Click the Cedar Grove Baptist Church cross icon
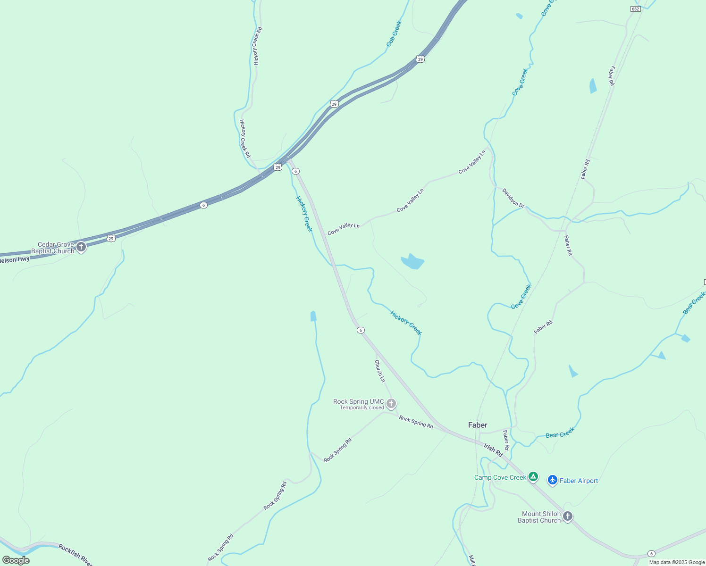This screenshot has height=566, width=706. click(x=81, y=247)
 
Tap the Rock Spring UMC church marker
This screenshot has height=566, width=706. click(x=391, y=403)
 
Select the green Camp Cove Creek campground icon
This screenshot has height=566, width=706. click(x=533, y=477)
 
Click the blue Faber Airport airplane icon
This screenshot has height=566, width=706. click(x=553, y=480)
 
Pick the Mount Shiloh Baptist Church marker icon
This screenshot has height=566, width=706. click(x=568, y=516)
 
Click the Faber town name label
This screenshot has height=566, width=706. click(x=478, y=425)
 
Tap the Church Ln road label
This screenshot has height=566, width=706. click(x=380, y=371)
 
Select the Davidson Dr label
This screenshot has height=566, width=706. click(x=513, y=198)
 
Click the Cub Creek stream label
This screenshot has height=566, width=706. click(x=394, y=33)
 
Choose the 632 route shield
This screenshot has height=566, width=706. click(x=635, y=9)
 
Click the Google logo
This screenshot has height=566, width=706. click(x=16, y=560)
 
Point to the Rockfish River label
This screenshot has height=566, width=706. click(x=76, y=555)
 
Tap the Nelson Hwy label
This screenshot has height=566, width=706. click(x=15, y=259)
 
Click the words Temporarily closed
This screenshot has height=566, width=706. click(x=362, y=408)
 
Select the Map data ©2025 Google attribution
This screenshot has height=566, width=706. click(x=677, y=562)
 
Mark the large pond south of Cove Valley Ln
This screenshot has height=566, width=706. click(x=412, y=261)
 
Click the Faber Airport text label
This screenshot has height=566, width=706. click(x=579, y=481)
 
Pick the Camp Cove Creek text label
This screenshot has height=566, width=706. click(x=500, y=477)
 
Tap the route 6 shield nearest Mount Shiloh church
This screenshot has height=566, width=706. click(x=651, y=553)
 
